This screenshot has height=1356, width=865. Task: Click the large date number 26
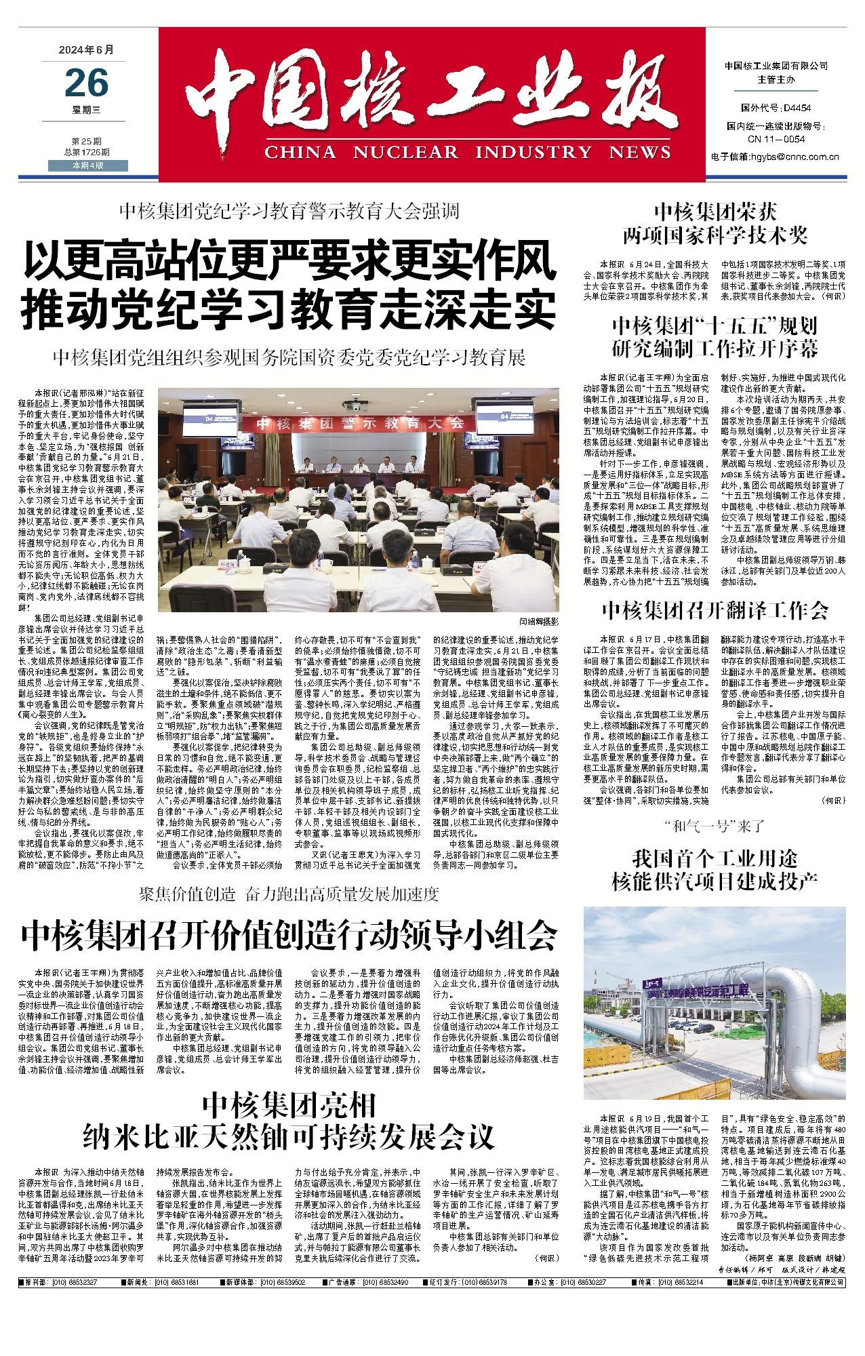pos(87,84)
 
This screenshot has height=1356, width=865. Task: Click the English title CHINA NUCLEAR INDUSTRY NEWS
pos(468,152)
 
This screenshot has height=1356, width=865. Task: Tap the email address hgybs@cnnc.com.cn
pos(775,157)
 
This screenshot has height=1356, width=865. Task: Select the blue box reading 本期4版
pos(87,165)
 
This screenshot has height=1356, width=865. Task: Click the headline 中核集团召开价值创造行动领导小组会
pos(289,936)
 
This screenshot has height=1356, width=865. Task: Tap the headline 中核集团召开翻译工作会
pos(715,611)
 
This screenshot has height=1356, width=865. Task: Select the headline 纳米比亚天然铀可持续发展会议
pos(289,1137)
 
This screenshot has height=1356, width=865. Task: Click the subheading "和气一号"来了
pos(715,826)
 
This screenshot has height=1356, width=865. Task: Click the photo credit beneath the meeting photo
pos(539,621)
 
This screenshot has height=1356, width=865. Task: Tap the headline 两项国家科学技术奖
pos(715,235)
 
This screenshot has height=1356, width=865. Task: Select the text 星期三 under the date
pos(87,109)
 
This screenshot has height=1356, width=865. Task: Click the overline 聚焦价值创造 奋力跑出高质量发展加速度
pos(289,894)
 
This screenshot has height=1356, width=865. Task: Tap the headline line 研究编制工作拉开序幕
pos(715,348)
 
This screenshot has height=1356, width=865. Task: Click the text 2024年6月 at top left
pos(87,50)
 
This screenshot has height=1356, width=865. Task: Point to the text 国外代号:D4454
pos(776,108)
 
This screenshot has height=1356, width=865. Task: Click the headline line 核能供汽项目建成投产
pos(715,881)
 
